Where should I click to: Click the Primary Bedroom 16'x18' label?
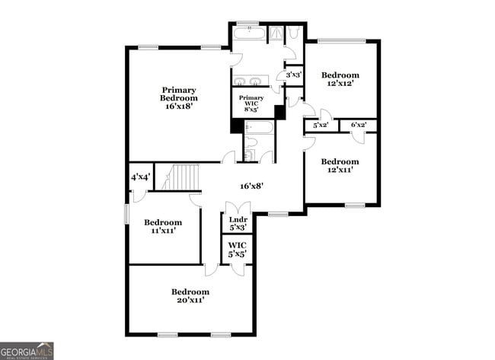click(x=179, y=98)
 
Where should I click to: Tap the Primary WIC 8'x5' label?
click(x=251, y=104)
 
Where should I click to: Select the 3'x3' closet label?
click(x=292, y=75)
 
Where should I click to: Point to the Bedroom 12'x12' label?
click(x=340, y=79)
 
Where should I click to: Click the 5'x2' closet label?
click(x=321, y=125)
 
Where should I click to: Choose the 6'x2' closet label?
click(x=358, y=125)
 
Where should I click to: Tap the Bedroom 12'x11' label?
click(x=340, y=165)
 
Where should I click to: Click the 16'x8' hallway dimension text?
click(x=251, y=186)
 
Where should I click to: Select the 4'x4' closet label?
click(x=140, y=177)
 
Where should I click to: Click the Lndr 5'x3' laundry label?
click(x=238, y=223)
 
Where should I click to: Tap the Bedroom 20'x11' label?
click(x=190, y=296)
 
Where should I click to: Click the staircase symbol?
click(x=183, y=177)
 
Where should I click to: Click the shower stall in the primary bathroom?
click(x=276, y=33)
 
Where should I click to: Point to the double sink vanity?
click(x=249, y=81)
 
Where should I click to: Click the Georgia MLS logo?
click(x=27, y=350)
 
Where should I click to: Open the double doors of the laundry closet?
click(x=238, y=207)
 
